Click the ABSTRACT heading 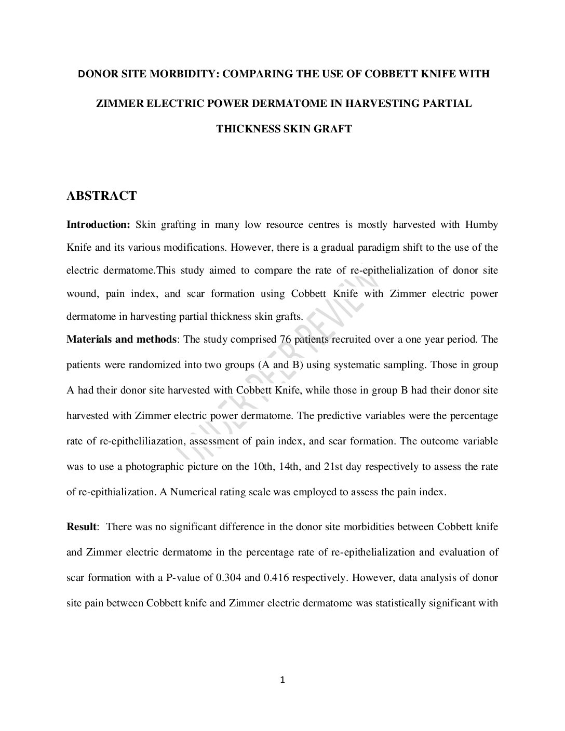pos(102,196)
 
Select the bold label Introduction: pos(98,225)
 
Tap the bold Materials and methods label pos(122,340)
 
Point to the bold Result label pos(82,527)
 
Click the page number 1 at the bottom pos(282,681)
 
